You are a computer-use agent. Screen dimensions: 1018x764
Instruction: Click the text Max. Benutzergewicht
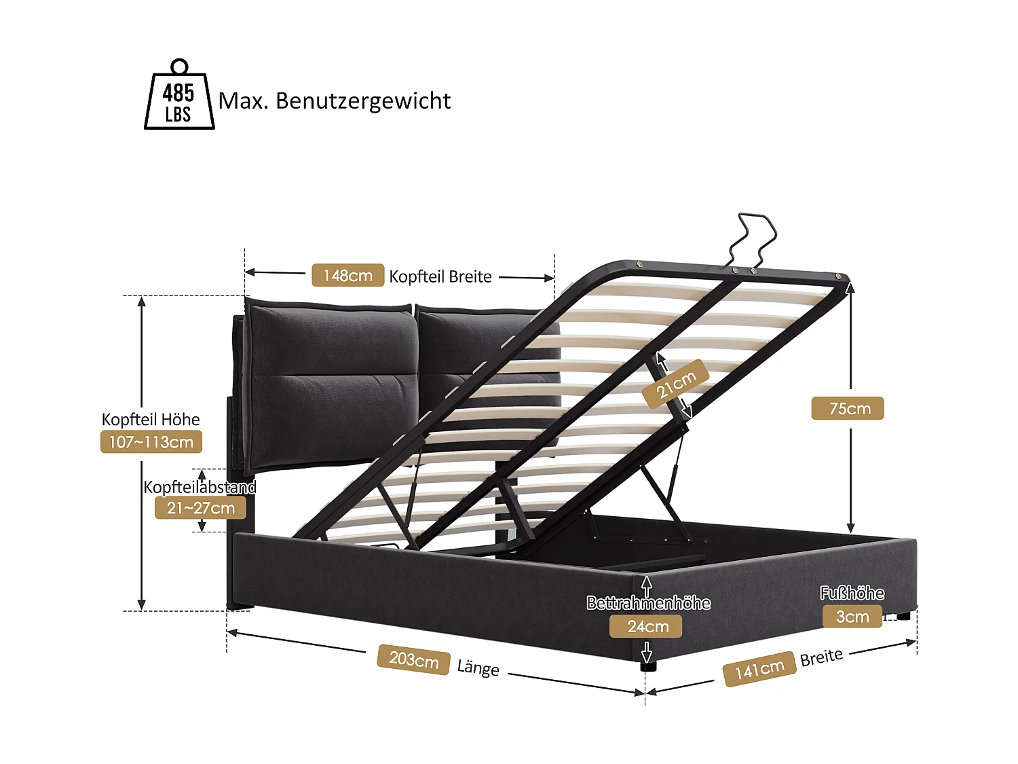click(335, 101)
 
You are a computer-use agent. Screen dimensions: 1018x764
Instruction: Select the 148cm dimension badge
click(347, 275)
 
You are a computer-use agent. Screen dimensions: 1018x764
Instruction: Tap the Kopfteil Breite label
click(440, 276)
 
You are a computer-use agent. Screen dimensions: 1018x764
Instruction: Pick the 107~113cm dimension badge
click(151, 442)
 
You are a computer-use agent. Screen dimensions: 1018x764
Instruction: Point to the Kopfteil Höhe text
click(151, 419)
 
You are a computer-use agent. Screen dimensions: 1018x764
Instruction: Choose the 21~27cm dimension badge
click(200, 508)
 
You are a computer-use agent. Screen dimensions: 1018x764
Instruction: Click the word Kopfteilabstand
click(200, 487)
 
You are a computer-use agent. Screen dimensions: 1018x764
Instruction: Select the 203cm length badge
click(413, 659)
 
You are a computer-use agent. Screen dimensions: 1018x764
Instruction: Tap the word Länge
click(478, 668)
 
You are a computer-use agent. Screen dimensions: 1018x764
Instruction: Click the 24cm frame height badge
click(645, 626)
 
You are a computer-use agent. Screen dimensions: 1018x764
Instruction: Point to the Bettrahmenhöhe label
click(649, 603)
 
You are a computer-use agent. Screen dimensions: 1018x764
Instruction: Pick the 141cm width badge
click(759, 670)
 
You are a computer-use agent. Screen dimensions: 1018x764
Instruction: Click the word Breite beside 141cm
click(821, 657)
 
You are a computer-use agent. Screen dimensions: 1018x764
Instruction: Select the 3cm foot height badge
click(852, 617)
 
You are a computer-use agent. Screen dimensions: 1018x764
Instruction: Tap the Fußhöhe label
click(852, 594)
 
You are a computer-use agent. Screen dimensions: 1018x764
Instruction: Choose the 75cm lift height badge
click(848, 408)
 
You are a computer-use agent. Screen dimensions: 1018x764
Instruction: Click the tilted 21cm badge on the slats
click(676, 384)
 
